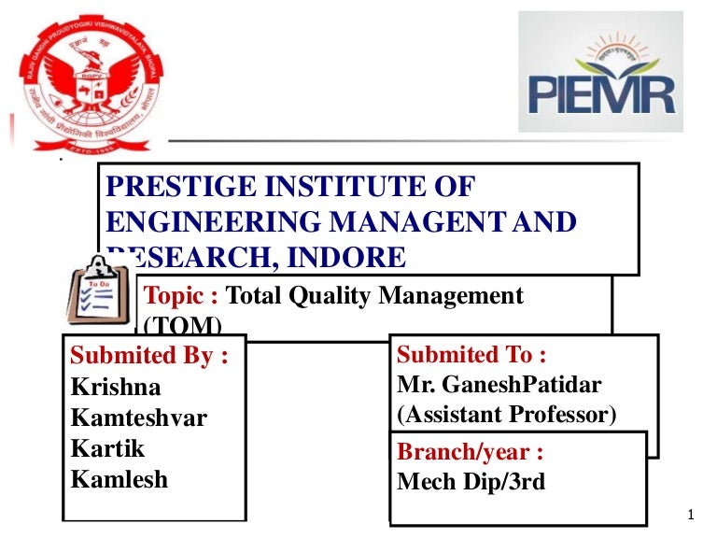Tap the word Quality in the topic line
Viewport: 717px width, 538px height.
tap(323, 297)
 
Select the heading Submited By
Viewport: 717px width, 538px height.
tap(149, 356)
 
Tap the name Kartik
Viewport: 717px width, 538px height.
tap(108, 448)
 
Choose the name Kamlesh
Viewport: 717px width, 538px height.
tap(119, 479)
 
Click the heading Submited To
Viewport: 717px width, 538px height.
tap(471, 355)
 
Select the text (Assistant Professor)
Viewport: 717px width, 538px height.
tap(507, 414)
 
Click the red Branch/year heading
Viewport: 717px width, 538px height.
tap(471, 453)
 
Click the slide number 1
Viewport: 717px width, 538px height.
tap(689, 515)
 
